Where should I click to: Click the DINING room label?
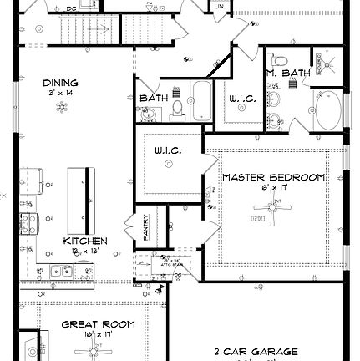click(60, 83)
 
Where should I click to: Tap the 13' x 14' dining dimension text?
click(60, 93)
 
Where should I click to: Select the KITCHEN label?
click(85, 241)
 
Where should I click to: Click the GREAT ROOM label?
click(98, 323)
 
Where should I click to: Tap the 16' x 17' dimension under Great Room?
click(98, 334)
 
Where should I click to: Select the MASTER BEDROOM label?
click(273, 178)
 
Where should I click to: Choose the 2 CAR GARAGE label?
click(256, 352)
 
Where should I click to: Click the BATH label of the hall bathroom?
click(154, 98)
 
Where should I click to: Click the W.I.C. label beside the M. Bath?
click(242, 99)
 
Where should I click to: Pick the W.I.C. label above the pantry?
click(167, 150)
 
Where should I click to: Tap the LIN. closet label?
click(220, 8)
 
